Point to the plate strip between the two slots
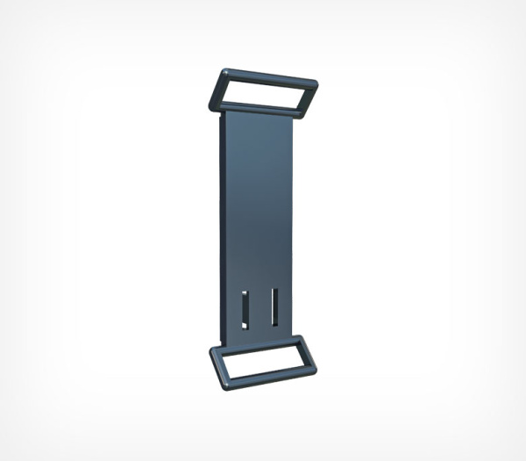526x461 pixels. [259, 308]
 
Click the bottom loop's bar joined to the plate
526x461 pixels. [259, 342]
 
